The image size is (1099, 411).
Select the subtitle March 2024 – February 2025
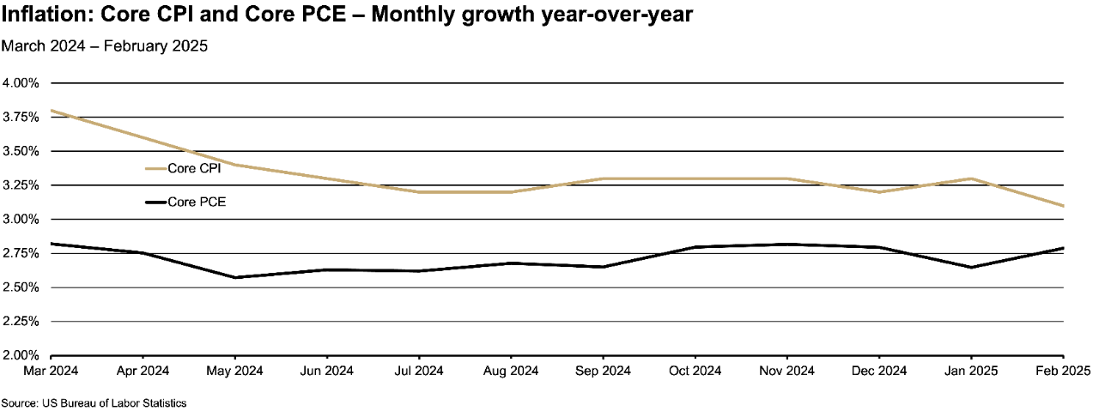[105, 46]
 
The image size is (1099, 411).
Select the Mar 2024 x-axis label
[27, 371]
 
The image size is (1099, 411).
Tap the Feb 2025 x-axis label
[1063, 371]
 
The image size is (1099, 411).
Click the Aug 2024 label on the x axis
[511, 371]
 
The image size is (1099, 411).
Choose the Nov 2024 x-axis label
[787, 371]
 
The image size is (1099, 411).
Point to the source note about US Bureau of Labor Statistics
[94, 402]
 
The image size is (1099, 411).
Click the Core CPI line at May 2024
[235, 165]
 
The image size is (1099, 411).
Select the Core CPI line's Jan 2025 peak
[971, 178]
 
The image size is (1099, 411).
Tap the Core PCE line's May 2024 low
[235, 277]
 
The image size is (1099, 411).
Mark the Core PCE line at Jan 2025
[971, 267]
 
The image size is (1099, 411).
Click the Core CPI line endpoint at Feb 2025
[1063, 206]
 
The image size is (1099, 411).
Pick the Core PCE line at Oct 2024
[695, 247]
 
